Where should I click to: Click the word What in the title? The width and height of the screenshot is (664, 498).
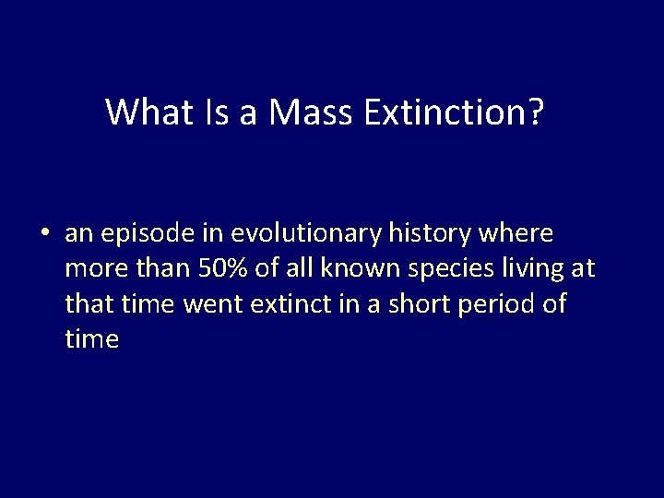(148, 113)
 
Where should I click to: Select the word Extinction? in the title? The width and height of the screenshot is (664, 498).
(455, 113)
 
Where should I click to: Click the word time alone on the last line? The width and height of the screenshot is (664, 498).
(92, 339)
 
